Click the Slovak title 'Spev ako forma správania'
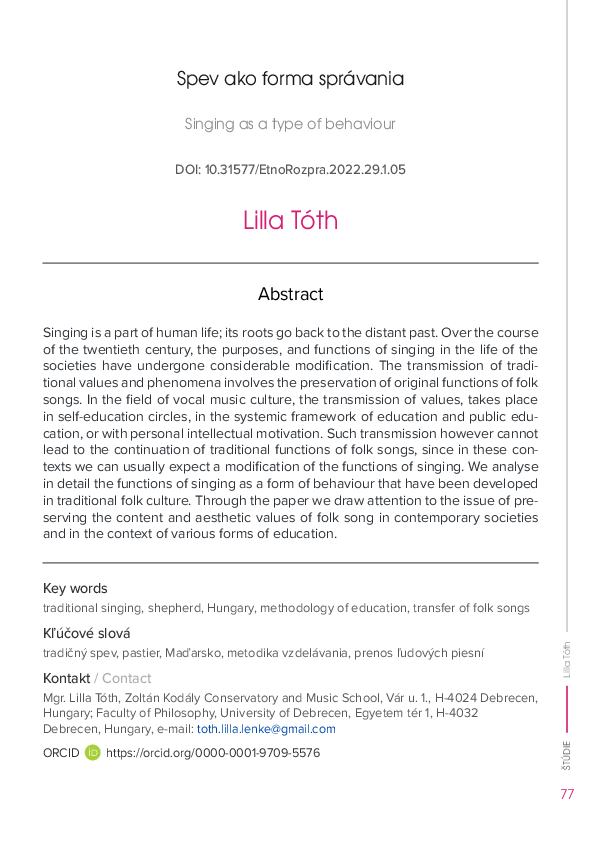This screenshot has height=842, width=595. (290, 79)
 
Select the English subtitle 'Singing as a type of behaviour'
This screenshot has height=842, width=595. (290, 125)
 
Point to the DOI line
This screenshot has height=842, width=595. (290, 170)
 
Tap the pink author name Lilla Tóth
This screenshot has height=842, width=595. (290, 220)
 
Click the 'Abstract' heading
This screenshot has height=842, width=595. (290, 294)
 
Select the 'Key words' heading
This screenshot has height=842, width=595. (75, 588)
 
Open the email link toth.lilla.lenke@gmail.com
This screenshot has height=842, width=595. (266, 729)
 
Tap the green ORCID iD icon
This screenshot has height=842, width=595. (93, 752)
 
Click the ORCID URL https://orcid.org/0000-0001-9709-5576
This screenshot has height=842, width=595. (213, 752)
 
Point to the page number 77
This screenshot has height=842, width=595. (567, 795)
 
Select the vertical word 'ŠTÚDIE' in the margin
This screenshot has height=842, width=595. (567, 755)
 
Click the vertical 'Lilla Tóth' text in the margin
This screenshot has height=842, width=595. (567, 661)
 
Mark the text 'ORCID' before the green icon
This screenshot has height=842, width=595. (61, 752)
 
